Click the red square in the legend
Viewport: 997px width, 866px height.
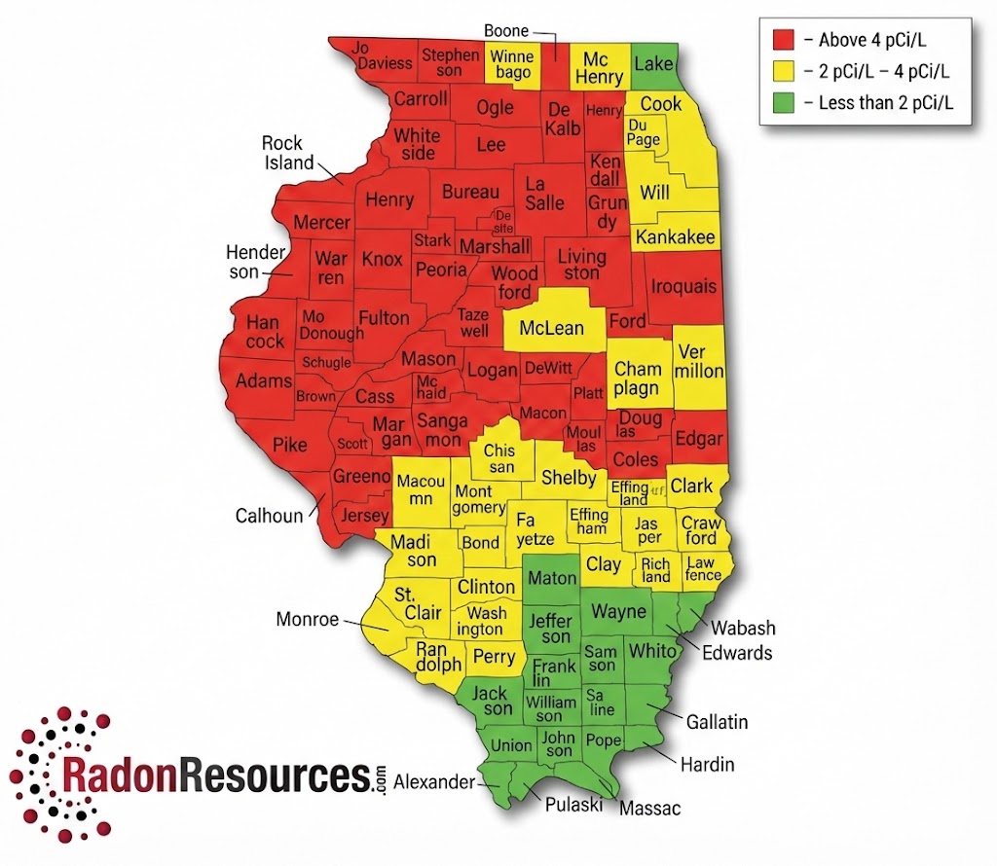coord(784,40)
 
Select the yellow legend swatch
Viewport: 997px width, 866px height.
coord(784,70)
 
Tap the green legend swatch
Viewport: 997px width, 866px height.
coord(784,101)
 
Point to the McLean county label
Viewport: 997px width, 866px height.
coord(551,328)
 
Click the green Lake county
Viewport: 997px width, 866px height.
coord(654,64)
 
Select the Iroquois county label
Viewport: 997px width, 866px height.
coord(683,287)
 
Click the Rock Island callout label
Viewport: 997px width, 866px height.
coord(288,153)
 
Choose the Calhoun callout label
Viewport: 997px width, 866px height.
coord(270,516)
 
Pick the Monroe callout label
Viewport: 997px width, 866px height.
coord(308,619)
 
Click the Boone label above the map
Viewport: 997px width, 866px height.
coord(507,31)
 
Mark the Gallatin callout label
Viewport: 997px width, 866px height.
coord(717,721)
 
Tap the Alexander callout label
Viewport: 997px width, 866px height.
coord(434,781)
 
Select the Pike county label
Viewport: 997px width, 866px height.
coord(289,445)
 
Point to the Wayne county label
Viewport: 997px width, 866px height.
coord(619,611)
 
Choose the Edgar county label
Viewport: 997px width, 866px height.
coord(698,438)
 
